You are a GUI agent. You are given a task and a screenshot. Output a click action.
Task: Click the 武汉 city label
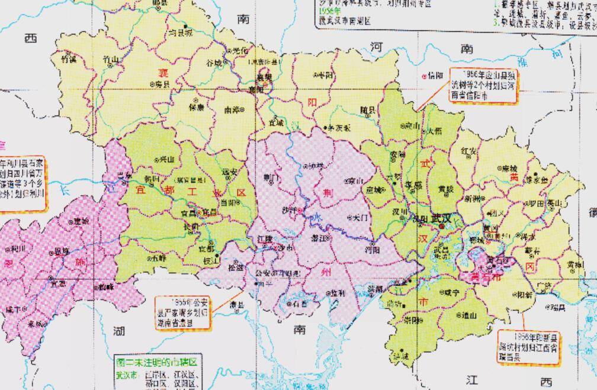pos(441,219)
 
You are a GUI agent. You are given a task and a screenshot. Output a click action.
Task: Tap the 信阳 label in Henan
pos(435,75)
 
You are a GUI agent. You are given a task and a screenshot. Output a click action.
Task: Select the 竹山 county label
pos(111,59)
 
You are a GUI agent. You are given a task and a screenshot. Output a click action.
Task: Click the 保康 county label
pos(197,107)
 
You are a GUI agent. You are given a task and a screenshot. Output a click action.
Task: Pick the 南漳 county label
pos(232,109)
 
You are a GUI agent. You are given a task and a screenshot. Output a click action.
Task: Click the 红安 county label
pos(469,152)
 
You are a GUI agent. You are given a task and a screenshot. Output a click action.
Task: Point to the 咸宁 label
pos(452,291)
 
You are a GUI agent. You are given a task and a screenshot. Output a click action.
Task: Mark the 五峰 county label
pos(159,258)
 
